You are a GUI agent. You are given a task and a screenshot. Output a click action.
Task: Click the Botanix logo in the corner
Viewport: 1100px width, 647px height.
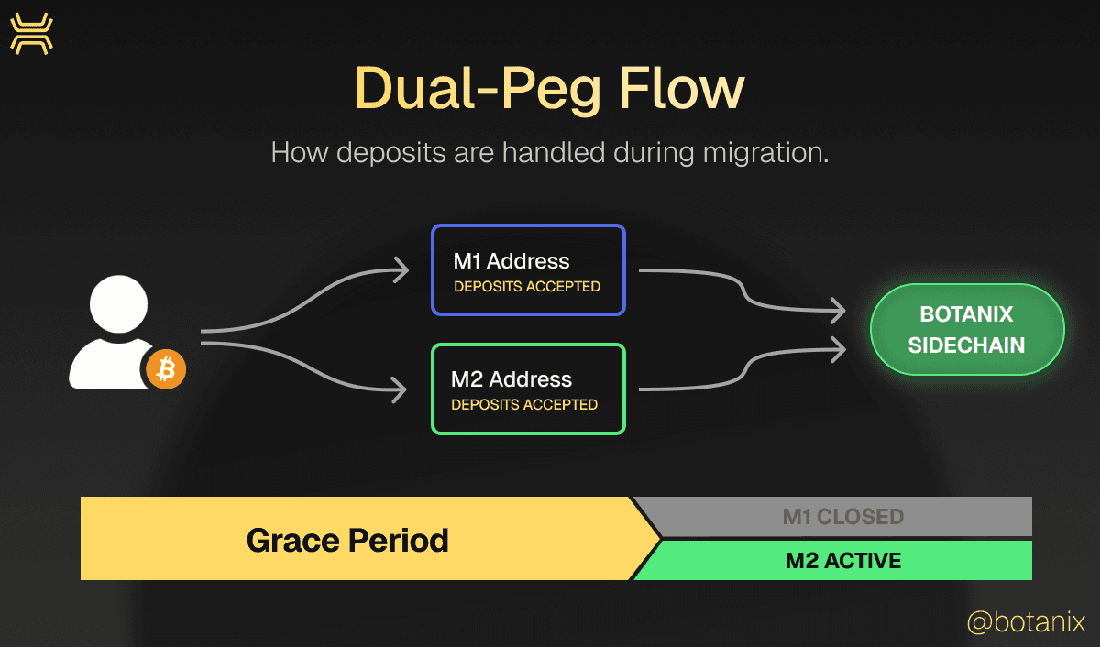click(x=31, y=34)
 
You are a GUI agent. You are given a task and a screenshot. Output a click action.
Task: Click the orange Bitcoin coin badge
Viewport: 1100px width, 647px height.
click(x=166, y=369)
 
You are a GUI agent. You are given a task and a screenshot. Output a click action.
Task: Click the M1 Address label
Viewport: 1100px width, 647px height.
click(x=511, y=261)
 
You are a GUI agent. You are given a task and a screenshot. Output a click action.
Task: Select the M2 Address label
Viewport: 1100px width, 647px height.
click(x=511, y=379)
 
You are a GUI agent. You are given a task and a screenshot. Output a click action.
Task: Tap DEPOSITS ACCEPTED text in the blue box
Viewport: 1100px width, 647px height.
click(x=527, y=287)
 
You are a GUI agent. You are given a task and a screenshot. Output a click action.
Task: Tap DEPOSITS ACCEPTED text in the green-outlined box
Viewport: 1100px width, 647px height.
click(x=524, y=404)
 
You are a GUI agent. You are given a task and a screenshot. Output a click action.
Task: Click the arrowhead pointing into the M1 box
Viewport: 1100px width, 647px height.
click(x=399, y=269)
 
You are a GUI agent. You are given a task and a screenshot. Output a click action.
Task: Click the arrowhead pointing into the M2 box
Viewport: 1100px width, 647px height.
click(x=399, y=389)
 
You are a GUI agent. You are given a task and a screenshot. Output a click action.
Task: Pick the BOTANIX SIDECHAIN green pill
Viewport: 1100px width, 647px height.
click(x=966, y=330)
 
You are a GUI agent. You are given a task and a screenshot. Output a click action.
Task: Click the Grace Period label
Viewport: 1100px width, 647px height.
click(x=347, y=540)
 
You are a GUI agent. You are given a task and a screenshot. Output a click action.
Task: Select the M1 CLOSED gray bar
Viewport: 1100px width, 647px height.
click(x=842, y=517)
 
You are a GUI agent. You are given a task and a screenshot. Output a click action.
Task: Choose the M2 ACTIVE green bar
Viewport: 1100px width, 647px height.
click(x=842, y=560)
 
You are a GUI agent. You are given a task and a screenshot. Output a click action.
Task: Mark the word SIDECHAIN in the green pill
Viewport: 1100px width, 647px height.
click(x=966, y=345)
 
